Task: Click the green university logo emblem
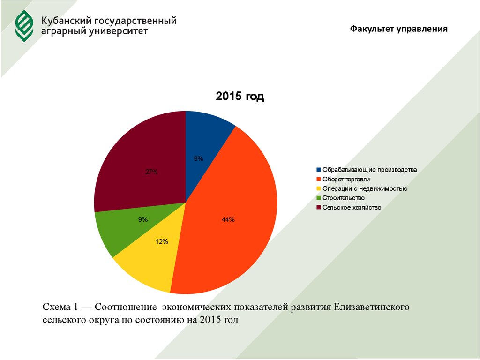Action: click(x=24, y=26)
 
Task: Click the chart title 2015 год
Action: click(x=240, y=97)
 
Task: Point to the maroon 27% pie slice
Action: click(x=141, y=159)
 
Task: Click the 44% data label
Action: click(x=228, y=219)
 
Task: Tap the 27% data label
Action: click(x=151, y=172)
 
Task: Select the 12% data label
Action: click(x=161, y=242)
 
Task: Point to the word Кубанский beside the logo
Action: click(x=66, y=21)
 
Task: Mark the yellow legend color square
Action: click(x=319, y=188)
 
